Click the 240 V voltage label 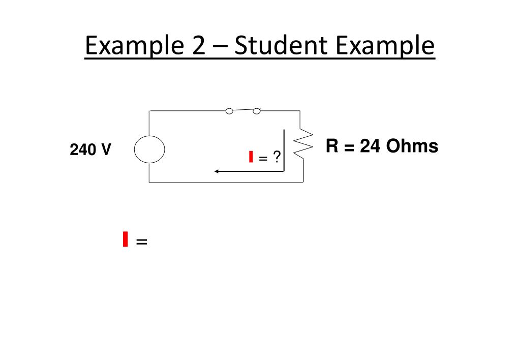[90, 150]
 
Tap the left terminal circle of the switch [229, 111]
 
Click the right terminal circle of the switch [257, 111]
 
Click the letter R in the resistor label [332, 146]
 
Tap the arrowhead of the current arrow [217, 171]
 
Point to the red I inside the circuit [251, 157]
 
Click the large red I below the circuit [125, 238]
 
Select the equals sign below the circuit [142, 243]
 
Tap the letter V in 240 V [105, 150]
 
